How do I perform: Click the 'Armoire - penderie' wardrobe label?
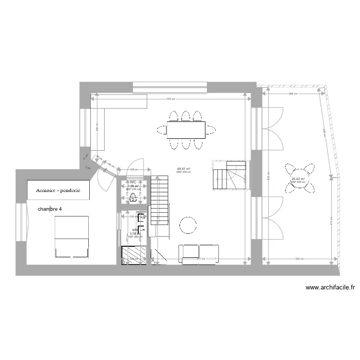[57, 191]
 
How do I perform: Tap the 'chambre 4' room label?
[50, 209]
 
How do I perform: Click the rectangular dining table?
[186, 130]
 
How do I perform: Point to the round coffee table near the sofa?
[188, 224]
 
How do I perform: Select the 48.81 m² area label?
[183, 169]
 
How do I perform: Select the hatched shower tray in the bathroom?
[134, 254]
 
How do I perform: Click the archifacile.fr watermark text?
[330, 288]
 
